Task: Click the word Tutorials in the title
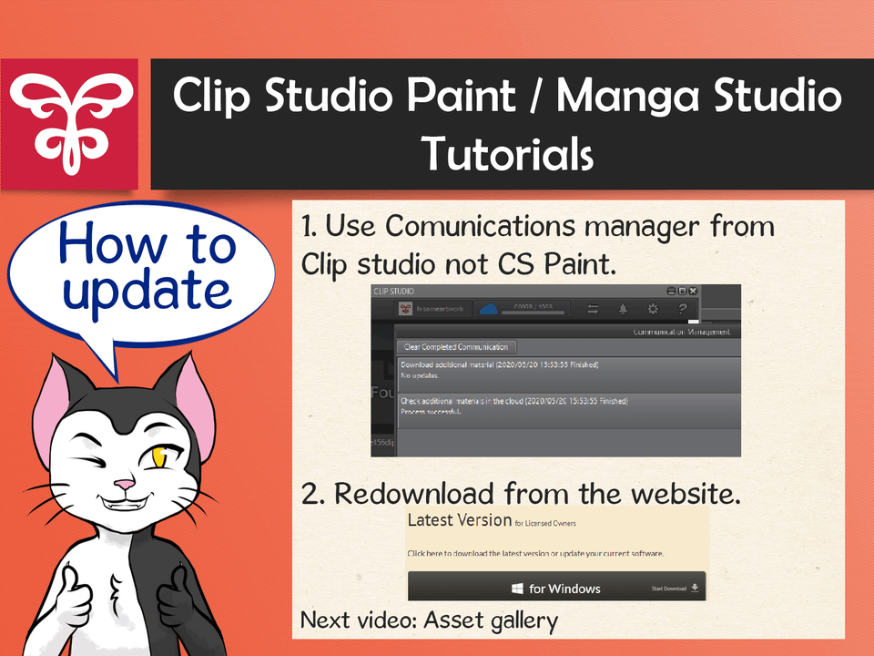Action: [507, 153]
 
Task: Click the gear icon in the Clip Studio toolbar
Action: [653, 309]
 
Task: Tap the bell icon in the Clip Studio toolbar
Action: [623, 309]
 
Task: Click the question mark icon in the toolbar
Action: [682, 309]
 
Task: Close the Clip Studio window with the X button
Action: [694, 291]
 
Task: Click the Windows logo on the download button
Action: [516, 589]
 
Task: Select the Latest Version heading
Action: [459, 520]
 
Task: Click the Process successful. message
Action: [432, 411]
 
